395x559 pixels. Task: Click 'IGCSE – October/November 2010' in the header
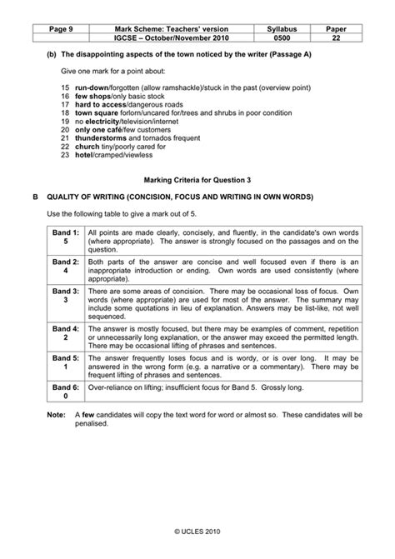click(176, 39)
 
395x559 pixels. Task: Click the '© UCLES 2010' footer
click(197, 528)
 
